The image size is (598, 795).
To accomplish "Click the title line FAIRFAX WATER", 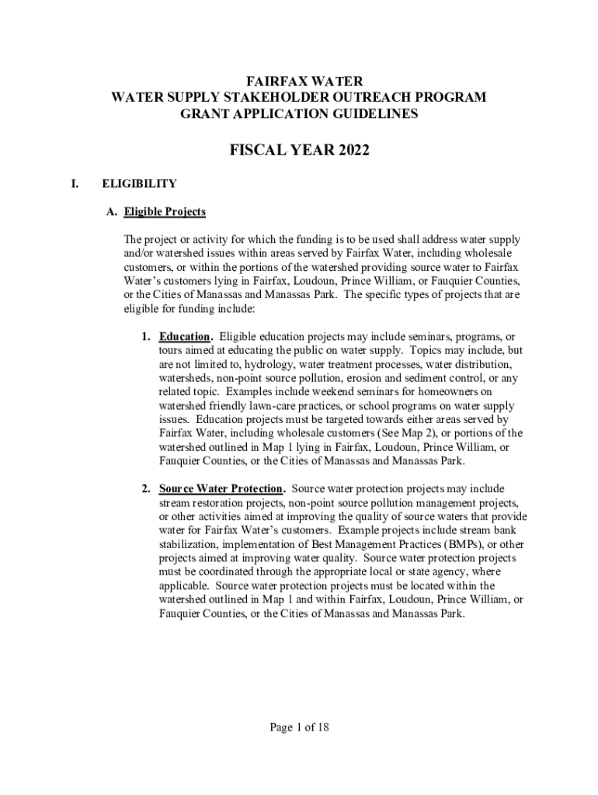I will tap(299, 81).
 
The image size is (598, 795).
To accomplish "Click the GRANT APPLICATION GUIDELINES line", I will tap(299, 113).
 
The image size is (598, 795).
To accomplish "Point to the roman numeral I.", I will tap(75, 184).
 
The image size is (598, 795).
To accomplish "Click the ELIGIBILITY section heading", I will tap(139, 184).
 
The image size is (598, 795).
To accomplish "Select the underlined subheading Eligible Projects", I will tap(163, 211).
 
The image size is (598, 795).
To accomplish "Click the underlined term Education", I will tap(185, 337).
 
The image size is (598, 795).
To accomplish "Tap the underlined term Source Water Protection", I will tap(221, 489).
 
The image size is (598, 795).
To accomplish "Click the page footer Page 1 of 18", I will tap(299, 727).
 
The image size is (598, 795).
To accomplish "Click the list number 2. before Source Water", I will tap(146, 489).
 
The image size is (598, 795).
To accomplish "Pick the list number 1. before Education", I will tap(146, 337).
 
